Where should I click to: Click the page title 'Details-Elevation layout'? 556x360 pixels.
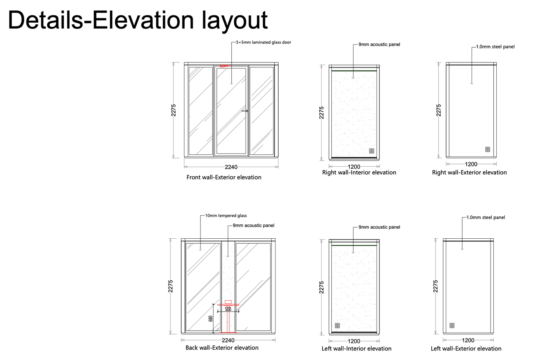click(x=138, y=20)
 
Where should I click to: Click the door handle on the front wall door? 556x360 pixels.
click(x=244, y=111)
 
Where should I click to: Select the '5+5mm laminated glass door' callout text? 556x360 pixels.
click(x=264, y=42)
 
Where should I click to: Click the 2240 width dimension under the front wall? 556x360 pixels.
click(x=231, y=167)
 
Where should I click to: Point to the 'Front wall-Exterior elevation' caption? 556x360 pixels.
click(x=224, y=177)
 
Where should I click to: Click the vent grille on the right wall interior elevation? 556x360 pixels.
click(x=372, y=151)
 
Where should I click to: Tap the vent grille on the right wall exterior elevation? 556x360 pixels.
click(x=488, y=149)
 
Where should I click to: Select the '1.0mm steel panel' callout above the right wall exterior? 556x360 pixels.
click(x=495, y=47)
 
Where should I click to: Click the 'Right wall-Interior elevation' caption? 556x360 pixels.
click(x=359, y=172)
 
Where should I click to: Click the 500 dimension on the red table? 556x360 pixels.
click(x=228, y=309)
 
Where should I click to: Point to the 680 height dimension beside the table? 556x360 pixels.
click(x=210, y=319)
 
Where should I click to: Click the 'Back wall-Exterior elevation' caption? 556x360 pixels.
click(x=222, y=348)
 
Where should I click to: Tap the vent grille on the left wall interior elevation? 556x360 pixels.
click(x=337, y=326)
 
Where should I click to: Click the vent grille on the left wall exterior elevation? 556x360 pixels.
click(x=452, y=325)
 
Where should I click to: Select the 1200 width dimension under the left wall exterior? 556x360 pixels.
click(x=468, y=340)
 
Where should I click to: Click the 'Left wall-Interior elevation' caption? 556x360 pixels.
click(x=356, y=349)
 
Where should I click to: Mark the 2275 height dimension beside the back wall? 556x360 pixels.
click(x=171, y=286)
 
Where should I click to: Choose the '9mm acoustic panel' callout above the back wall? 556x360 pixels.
click(x=253, y=226)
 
